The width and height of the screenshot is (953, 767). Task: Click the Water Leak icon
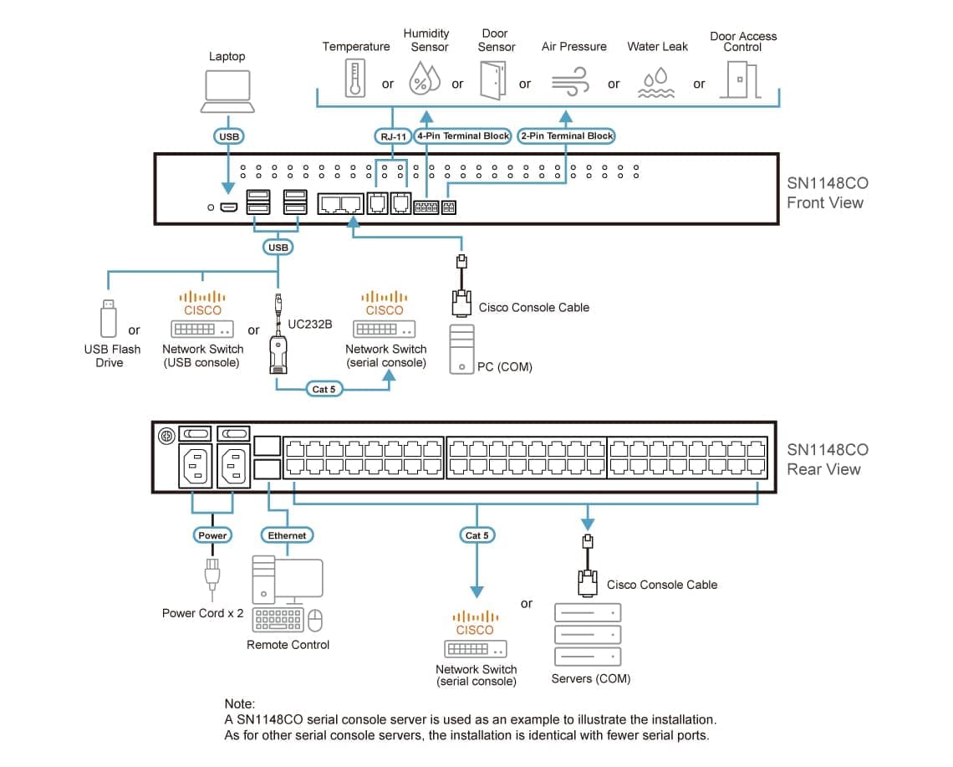[656, 84]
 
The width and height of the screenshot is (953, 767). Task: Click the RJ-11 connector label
[389, 136]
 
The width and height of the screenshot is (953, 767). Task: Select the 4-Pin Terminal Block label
[462, 136]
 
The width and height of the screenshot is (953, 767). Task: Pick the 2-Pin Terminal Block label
[566, 136]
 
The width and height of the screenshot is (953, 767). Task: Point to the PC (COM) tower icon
[461, 349]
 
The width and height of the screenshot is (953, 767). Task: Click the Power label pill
[212, 535]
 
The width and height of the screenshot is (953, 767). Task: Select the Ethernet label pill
[287, 535]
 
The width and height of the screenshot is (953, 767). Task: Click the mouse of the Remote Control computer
[315, 619]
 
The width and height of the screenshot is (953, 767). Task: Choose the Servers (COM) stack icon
[589, 635]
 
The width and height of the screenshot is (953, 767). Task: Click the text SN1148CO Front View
[826, 193]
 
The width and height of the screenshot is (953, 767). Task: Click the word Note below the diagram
[240, 704]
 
